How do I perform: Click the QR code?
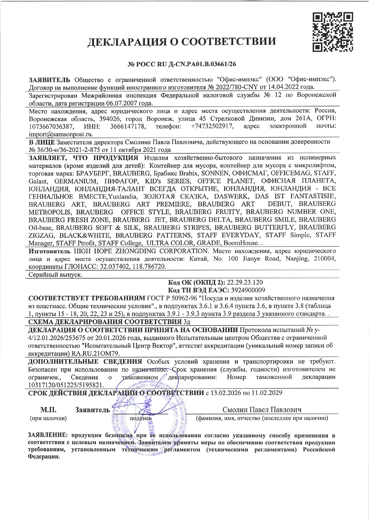pos(333,32)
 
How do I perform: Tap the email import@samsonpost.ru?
pos(61,134)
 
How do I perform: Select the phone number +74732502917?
pos(212,127)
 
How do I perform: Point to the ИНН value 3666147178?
pos(128,127)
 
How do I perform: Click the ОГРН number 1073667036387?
pos(51,127)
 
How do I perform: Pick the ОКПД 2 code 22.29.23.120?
pos(245,282)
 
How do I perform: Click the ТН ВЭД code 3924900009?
pos(248,290)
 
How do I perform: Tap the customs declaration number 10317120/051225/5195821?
pos(66,385)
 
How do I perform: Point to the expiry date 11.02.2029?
pos(267,393)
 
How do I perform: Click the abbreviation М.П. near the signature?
pos(48,410)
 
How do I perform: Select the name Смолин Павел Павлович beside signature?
pos(262,410)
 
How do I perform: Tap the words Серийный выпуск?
pos(55,274)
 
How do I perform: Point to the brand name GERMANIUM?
pos(75,181)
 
